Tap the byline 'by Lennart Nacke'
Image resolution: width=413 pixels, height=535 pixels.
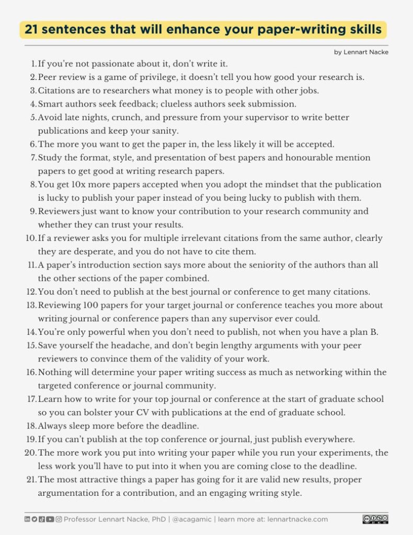coord(361,52)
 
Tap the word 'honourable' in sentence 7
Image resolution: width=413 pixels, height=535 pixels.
coord(304,157)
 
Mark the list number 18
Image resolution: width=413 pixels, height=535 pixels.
coord(31,426)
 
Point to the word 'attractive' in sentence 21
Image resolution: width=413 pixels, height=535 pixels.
coord(95,479)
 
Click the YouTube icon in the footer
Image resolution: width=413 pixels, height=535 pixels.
coord(50,519)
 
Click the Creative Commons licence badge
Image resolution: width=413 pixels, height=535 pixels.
coord(375,519)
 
